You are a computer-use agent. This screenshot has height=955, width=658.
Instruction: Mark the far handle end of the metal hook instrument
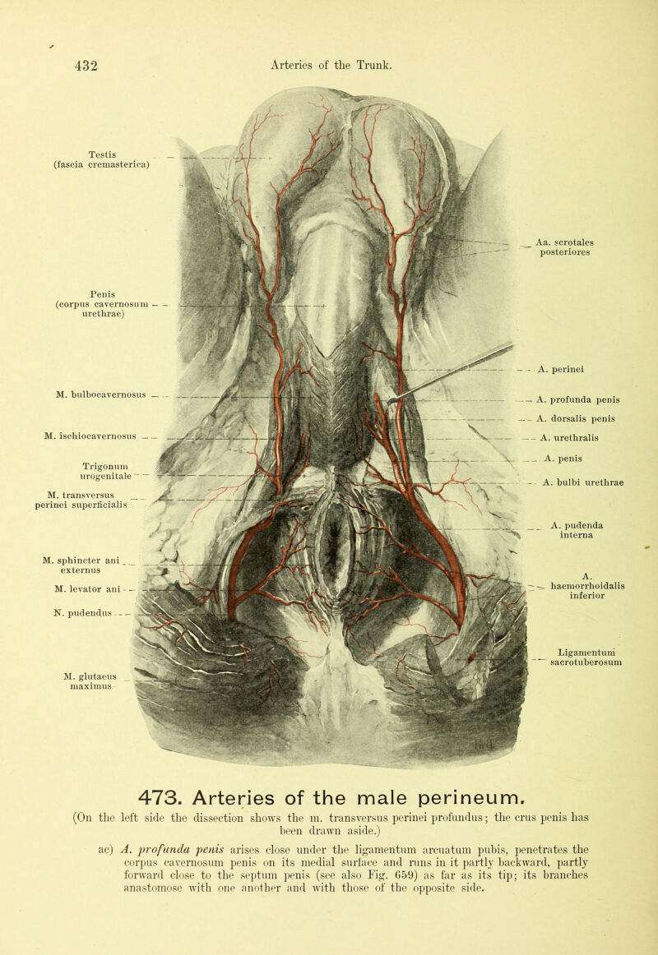512,344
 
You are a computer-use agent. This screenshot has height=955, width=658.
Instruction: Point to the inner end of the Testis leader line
268,159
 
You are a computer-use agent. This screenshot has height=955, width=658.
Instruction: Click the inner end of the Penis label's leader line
325,305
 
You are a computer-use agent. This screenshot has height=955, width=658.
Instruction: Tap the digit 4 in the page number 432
79,65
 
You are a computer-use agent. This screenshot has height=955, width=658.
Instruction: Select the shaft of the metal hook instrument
452,372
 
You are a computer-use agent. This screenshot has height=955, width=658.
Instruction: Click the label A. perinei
561,369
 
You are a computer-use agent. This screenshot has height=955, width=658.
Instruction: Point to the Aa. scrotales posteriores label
565,247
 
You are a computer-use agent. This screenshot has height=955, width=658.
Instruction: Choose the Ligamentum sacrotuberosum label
586,657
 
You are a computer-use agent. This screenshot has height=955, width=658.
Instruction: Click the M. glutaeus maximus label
90,681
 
